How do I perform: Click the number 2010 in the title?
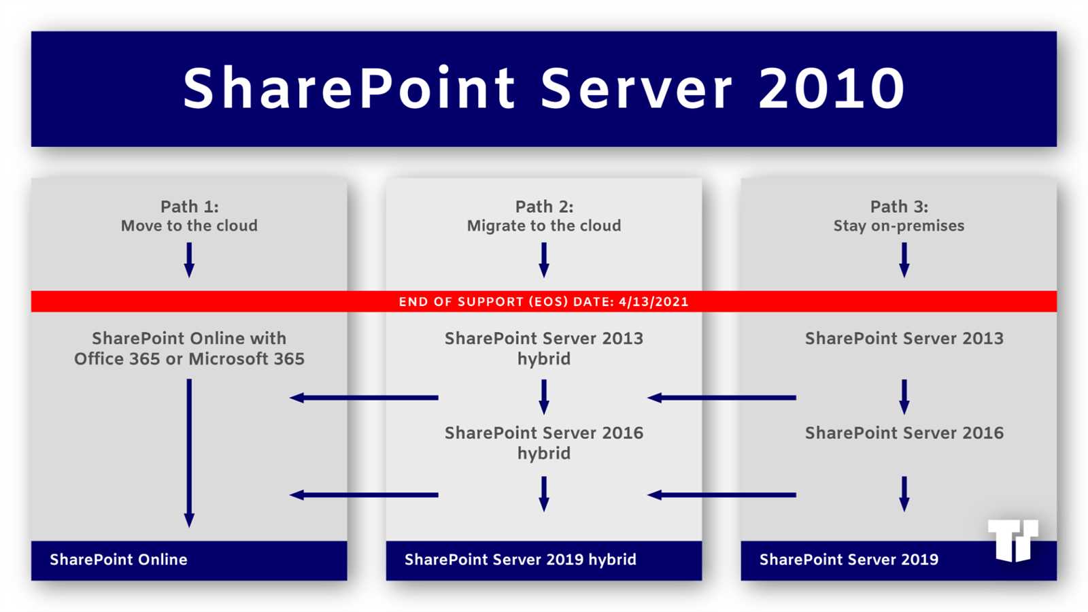[831, 88]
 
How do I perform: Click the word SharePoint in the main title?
[349, 88]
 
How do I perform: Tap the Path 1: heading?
[189, 207]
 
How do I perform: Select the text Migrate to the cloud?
[543, 226]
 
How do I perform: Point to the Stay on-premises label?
[898, 226]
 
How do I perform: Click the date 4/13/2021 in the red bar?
[653, 302]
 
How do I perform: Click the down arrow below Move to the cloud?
[189, 260]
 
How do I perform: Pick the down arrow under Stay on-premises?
[904, 260]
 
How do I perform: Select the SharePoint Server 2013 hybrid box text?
[543, 348]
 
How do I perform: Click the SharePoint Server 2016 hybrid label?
[543, 443]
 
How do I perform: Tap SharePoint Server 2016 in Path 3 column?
[904, 433]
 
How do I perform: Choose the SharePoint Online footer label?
[118, 560]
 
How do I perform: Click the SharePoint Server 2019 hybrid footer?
[520, 560]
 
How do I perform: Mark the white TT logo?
[1013, 540]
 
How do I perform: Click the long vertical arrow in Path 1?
[189, 452]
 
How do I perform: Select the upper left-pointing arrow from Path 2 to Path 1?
[364, 397]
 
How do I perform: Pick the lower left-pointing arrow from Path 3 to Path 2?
[721, 495]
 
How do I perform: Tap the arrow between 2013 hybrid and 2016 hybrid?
[543, 396]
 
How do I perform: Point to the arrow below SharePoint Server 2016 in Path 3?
[904, 494]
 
